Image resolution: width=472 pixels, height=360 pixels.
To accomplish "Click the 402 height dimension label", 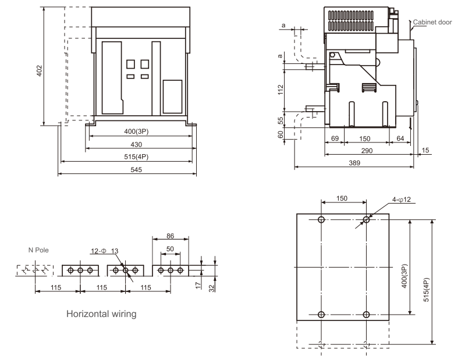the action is pos(40,71).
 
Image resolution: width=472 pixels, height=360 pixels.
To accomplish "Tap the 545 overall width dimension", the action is pos(136,170).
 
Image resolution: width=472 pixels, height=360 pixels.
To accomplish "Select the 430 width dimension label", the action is pos(136,145).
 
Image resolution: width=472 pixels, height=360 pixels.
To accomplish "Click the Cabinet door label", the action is pos(432,22).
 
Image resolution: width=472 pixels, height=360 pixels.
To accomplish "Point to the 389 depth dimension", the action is pos(354,163).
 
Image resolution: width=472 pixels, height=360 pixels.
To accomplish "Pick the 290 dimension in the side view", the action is pos(367,151).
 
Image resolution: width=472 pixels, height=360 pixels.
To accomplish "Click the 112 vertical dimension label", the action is pos(281,90).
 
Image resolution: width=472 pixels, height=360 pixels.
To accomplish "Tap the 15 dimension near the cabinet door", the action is pos(425,150).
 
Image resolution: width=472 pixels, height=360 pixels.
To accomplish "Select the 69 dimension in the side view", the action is pos(335,138).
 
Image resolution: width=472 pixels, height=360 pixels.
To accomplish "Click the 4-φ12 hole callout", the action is pos(401,199).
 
